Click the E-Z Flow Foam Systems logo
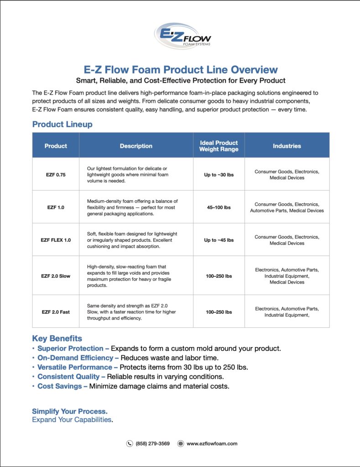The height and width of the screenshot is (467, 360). coord(183,36)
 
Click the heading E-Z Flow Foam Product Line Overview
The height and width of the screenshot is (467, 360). coord(181,70)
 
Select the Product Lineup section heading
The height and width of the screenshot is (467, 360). coord(62,124)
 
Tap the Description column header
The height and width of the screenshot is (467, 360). coord(136,146)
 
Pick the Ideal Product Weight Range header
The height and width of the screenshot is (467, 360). coord(219,146)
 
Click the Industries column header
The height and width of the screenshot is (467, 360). coord(287,146)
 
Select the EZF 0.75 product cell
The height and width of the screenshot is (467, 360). coord(56,175)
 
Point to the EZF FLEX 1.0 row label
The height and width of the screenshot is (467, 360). coord(56,240)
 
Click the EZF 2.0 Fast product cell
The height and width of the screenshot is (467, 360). coord(56,312)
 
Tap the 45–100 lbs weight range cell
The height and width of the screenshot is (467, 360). coord(219,208)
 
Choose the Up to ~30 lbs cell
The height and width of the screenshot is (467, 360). coord(219,175)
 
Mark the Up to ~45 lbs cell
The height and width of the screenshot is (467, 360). coord(219,240)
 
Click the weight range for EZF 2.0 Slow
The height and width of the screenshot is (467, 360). coord(219,276)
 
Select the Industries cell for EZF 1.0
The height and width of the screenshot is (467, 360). coord(287,208)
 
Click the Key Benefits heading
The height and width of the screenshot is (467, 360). coord(57,338)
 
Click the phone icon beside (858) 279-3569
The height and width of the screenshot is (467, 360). coord(130,443)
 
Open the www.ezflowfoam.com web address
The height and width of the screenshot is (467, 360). coord(212,443)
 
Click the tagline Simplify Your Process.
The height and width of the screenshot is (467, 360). coord(70,411)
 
